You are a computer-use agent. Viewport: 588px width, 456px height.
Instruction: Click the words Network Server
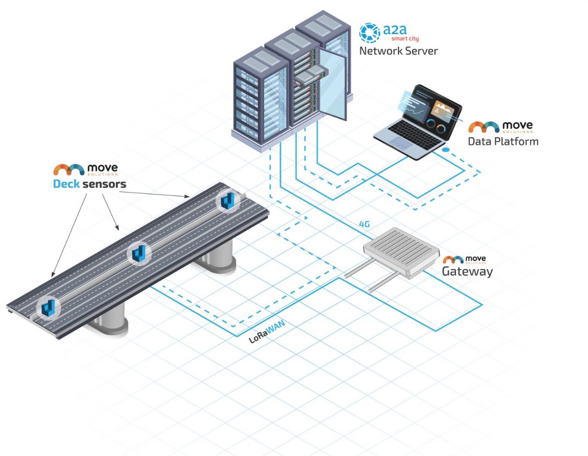pyautogui.click(x=398, y=51)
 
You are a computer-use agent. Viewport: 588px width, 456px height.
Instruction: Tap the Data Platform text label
pyautogui.click(x=503, y=141)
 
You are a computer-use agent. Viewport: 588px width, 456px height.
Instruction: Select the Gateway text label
pyautogui.click(x=467, y=271)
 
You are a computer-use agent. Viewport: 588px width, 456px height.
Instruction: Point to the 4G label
pyautogui.click(x=364, y=224)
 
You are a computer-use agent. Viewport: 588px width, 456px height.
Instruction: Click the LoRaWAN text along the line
pyautogui.click(x=267, y=332)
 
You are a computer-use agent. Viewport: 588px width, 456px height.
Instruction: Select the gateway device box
pyautogui.click(x=401, y=251)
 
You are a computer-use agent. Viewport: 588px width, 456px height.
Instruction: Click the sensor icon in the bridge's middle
pyautogui.click(x=139, y=253)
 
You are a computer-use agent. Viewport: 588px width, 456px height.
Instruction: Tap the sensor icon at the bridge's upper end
pyautogui.click(x=228, y=201)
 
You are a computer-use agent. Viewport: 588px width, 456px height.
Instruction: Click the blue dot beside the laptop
pyautogui.click(x=445, y=150)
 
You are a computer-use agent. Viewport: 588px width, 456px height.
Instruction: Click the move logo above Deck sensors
pyautogui.click(x=85, y=169)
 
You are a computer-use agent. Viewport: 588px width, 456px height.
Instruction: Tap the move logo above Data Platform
pyautogui.click(x=500, y=127)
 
